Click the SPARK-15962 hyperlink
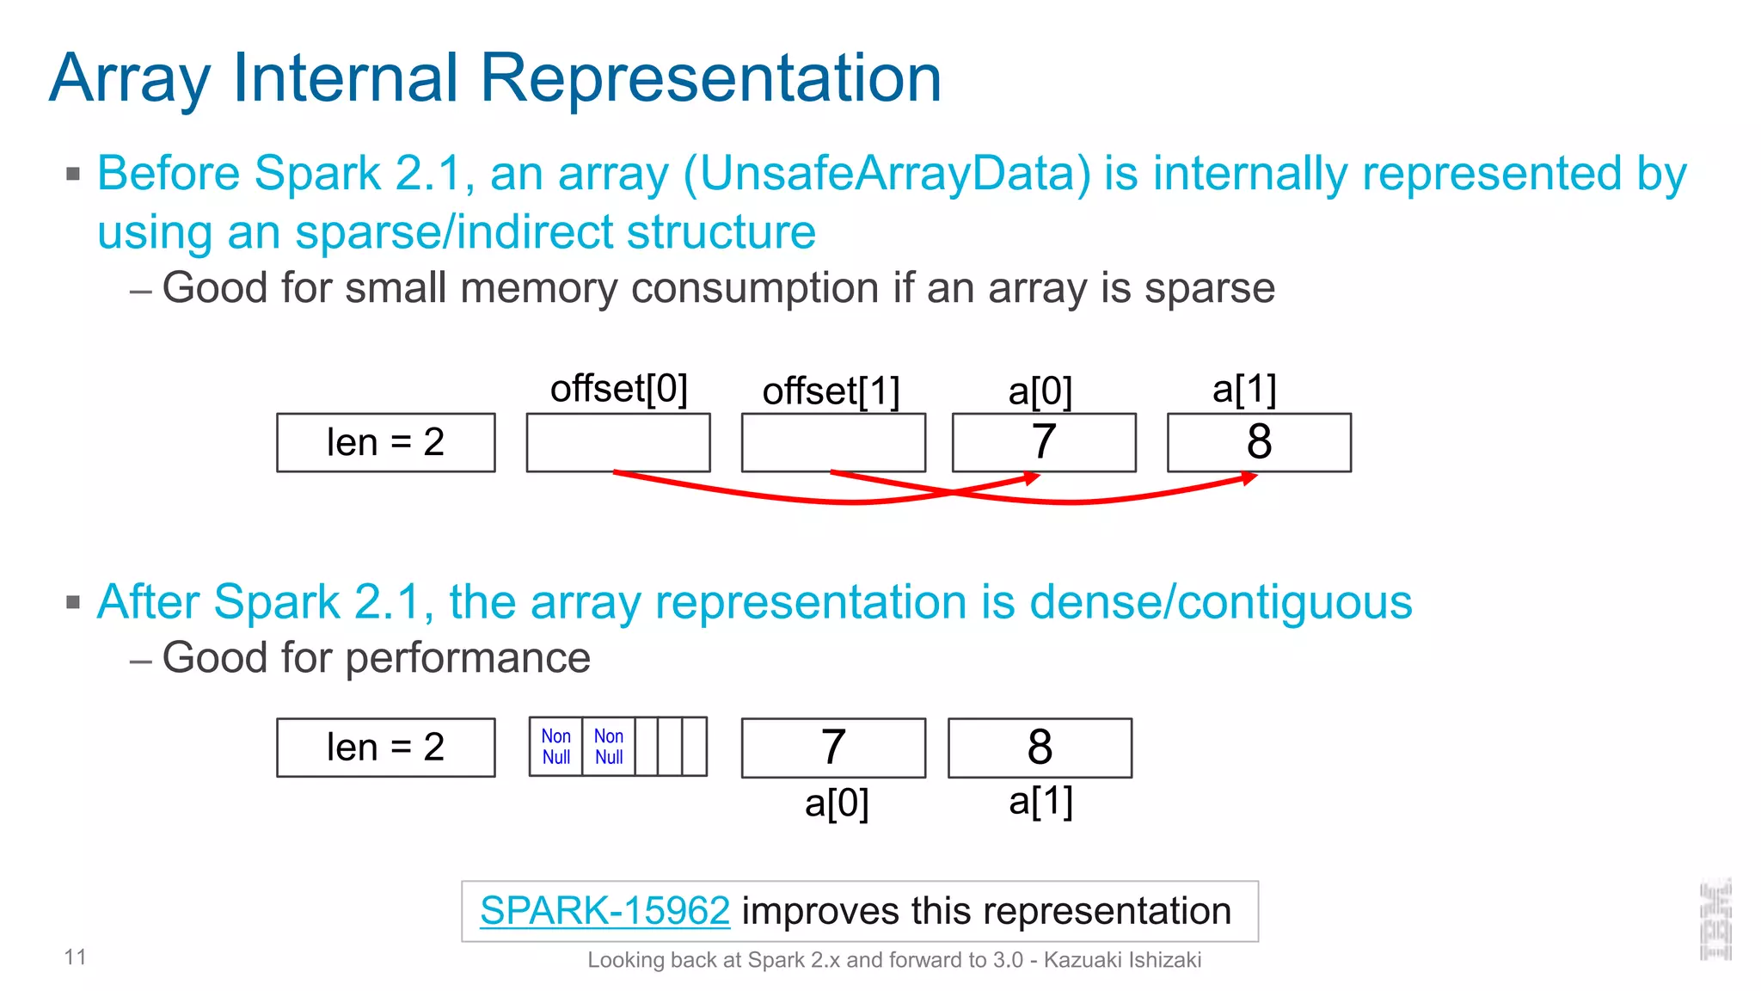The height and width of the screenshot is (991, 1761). (x=604, y=911)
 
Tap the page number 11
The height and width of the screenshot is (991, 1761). (x=75, y=957)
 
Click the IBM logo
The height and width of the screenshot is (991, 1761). (x=1715, y=920)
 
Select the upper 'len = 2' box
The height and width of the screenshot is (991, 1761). (x=385, y=443)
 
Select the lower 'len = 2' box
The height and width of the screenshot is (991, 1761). (x=385, y=748)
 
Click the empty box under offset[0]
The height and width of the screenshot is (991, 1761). (x=618, y=442)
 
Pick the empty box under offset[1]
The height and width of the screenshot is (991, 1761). (x=833, y=442)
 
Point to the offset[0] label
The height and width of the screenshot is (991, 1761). (x=618, y=389)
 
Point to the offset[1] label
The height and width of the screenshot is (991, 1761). (x=831, y=391)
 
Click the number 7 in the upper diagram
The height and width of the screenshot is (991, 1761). (x=1043, y=442)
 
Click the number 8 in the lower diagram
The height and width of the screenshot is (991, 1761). (x=1040, y=747)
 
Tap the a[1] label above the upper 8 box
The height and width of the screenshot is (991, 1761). (x=1244, y=390)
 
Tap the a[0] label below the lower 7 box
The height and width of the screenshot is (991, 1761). (x=837, y=803)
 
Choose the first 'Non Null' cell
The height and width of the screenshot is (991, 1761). (x=556, y=747)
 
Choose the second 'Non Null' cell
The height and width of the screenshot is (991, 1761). (x=609, y=747)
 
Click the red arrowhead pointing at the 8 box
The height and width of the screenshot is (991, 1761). (x=1250, y=478)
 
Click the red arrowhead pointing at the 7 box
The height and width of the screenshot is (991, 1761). (x=1034, y=478)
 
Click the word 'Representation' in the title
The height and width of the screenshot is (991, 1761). (x=710, y=78)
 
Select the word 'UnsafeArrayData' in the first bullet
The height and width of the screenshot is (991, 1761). (x=886, y=174)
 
